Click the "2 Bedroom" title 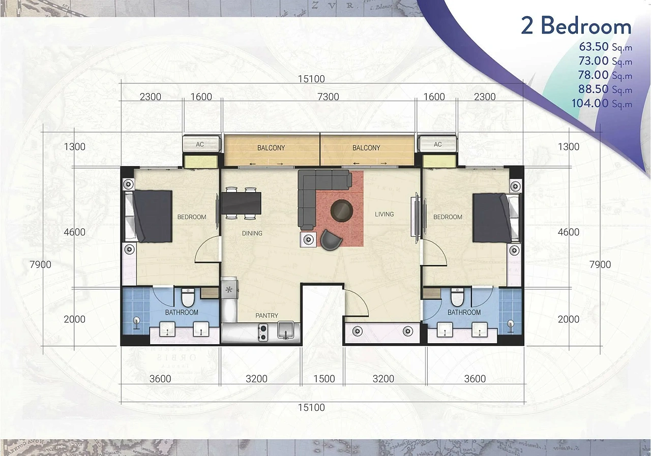click(576, 26)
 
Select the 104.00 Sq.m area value click(602, 103)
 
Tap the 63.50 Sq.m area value click(606, 46)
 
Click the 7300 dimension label click(328, 97)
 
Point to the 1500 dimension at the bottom click(324, 379)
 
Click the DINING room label click(252, 233)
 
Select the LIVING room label click(384, 215)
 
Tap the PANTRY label click(267, 315)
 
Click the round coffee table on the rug click(341, 210)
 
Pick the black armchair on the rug click(331, 240)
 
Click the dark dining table click(241, 203)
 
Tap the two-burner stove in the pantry click(263, 332)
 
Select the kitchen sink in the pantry click(286, 330)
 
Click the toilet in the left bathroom click(188, 297)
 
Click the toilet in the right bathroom click(457, 297)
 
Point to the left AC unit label click(200, 144)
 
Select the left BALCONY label click(271, 148)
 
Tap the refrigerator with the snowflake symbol click(229, 289)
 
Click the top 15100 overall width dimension click(311, 79)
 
